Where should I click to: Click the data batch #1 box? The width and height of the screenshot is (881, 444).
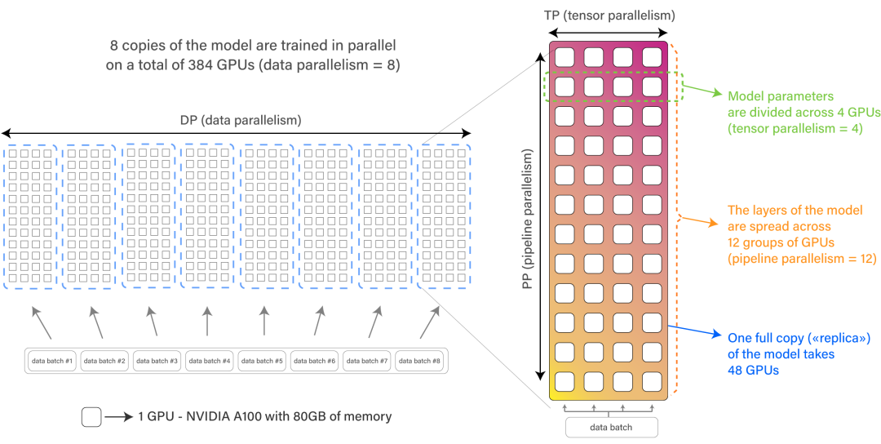53,361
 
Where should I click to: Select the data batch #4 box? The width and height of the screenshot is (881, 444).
210,361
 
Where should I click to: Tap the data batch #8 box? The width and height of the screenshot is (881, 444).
421,361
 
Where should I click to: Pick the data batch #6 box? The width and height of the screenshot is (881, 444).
316,361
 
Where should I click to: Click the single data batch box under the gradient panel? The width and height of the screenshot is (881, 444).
610,427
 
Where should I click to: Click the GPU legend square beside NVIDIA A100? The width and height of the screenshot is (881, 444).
91,417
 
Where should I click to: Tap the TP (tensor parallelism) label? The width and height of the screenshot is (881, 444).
609,16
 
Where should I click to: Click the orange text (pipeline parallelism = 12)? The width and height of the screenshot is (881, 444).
801,258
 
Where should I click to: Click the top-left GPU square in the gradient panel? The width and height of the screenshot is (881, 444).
564,56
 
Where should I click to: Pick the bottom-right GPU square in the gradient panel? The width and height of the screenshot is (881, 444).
652,381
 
